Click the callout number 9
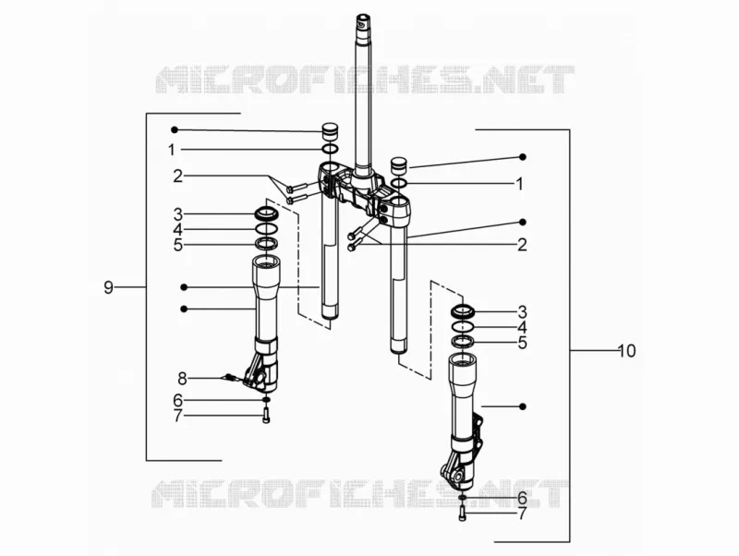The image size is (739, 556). tap(108, 287)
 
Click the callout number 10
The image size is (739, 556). tap(627, 351)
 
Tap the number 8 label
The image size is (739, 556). tap(182, 378)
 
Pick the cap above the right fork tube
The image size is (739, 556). tap(399, 166)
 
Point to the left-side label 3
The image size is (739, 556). tap(177, 214)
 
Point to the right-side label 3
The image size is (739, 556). tap(522, 312)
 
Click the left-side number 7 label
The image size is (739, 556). tap(177, 416)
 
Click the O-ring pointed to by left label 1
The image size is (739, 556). tap(331, 150)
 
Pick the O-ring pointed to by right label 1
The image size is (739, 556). tap(399, 183)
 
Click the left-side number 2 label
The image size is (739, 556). tap(177, 176)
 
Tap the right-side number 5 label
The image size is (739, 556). tap(522, 343)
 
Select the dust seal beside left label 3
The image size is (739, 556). tap(267, 212)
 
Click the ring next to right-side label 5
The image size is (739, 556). tap(463, 342)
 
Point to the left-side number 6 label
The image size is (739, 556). tap(177, 400)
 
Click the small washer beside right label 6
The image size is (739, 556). tap(462, 498)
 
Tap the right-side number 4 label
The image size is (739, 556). tap(522, 328)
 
